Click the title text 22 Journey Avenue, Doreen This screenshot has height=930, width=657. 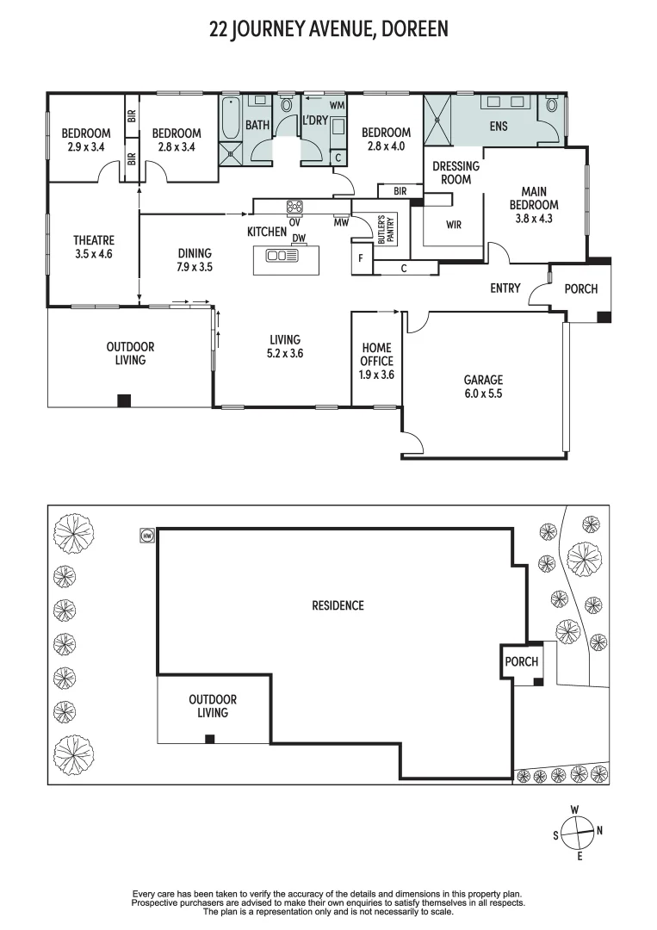(x=329, y=30)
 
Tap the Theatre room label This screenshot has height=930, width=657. (x=94, y=247)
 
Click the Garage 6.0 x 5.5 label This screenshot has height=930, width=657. (x=483, y=386)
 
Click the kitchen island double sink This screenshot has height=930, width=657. (x=281, y=256)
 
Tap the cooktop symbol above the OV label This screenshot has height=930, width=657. (x=294, y=206)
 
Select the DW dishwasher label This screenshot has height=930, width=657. (x=299, y=239)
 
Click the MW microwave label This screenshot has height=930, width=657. (x=342, y=221)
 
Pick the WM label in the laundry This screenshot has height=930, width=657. (x=337, y=105)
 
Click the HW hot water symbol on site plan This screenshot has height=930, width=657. (x=146, y=536)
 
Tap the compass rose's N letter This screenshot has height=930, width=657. (x=599, y=831)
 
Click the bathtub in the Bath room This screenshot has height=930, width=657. (x=231, y=119)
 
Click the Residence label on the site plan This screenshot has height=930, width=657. (x=338, y=605)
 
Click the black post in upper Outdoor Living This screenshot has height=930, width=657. (x=124, y=400)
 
